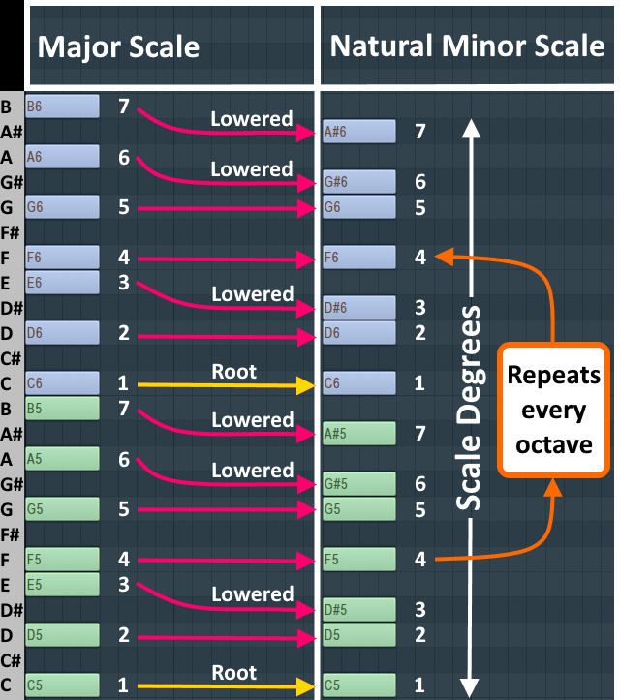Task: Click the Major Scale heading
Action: pyautogui.click(x=119, y=46)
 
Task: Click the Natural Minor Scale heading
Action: pyautogui.click(x=467, y=46)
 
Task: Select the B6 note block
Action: pyautogui.click(x=63, y=107)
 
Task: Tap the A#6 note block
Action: pyautogui.click(x=359, y=132)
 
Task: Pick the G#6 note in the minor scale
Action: pyautogui.click(x=359, y=182)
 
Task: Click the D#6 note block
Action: pyautogui.click(x=359, y=308)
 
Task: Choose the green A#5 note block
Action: pyautogui.click(x=359, y=433)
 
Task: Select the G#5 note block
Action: pyautogui.click(x=359, y=483)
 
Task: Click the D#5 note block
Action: pyautogui.click(x=359, y=609)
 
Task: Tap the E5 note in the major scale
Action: pyautogui.click(x=63, y=584)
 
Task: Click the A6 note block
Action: pyautogui.click(x=63, y=157)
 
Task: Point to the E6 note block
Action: pyautogui.click(x=63, y=283)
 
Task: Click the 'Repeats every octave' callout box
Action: pyautogui.click(x=554, y=410)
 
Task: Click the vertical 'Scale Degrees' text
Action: pyautogui.click(x=471, y=409)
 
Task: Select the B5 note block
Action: pyautogui.click(x=63, y=408)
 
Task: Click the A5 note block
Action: pyautogui.click(x=63, y=458)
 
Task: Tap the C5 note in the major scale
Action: pyautogui.click(x=63, y=685)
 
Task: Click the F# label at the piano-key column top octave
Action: pyautogui.click(x=13, y=232)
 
